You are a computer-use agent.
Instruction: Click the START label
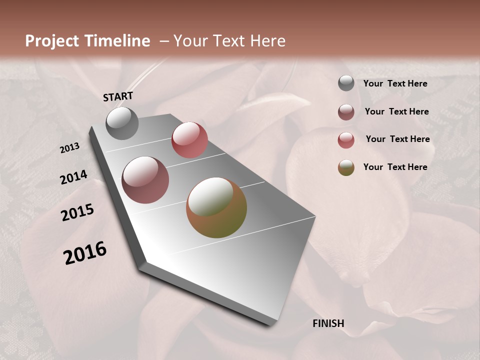tap(118, 96)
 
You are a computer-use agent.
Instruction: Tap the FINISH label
tap(328, 323)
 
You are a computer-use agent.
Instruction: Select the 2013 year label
tap(70, 147)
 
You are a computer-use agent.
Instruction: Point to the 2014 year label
tap(74, 177)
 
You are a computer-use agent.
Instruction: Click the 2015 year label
tap(77, 212)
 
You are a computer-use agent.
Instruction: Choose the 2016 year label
tap(85, 253)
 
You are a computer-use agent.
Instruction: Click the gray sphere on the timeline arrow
tap(122, 123)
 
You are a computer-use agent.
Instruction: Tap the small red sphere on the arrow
tap(189, 140)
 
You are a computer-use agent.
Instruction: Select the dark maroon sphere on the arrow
tap(145, 180)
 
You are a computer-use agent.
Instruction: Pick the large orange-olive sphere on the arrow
tap(216, 207)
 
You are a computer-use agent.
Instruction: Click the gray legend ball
tap(346, 83)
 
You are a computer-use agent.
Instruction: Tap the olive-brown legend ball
tap(346, 167)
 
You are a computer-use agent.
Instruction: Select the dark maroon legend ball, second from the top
tap(346, 112)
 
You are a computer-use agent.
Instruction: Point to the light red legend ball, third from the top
tap(346, 140)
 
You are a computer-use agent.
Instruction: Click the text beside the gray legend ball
tap(395, 83)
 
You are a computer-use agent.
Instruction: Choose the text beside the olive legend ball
tap(395, 167)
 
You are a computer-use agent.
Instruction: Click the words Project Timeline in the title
tap(87, 41)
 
